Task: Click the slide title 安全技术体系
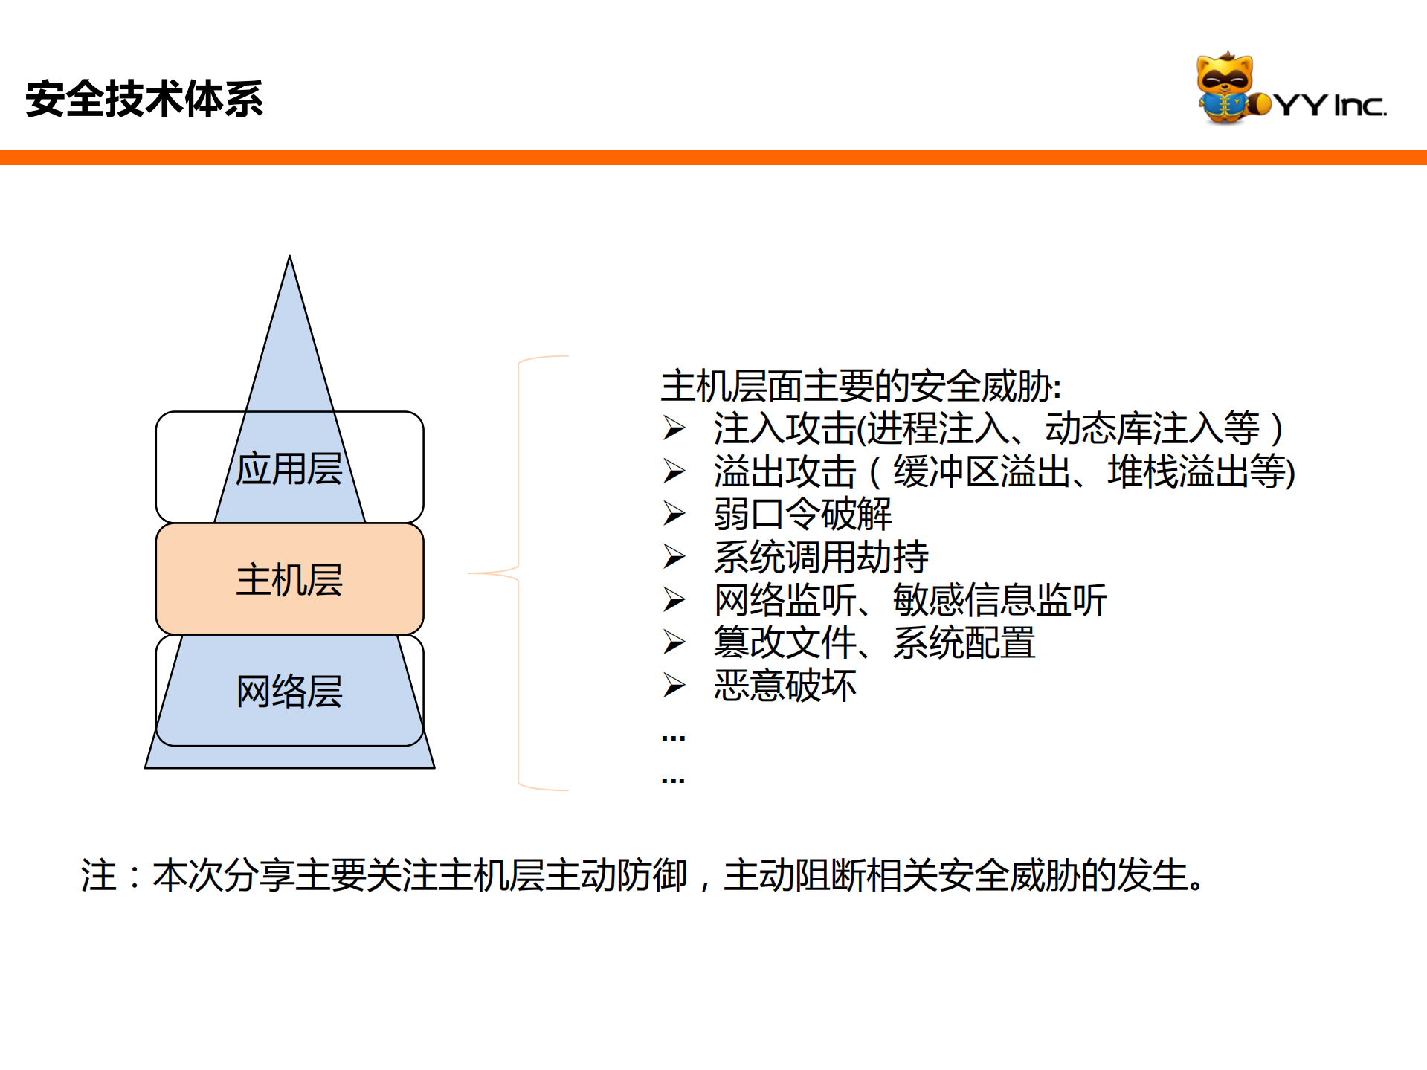144,99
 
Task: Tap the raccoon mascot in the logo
1225,88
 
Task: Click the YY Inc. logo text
1331,105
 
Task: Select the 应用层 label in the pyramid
289,469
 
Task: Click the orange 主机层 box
289,579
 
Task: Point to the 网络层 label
289,692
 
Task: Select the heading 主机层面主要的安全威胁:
860,386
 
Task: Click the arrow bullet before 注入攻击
674,428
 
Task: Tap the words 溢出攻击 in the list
785,471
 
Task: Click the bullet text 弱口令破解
802,514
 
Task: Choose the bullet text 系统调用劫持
821,557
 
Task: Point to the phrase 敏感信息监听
999,600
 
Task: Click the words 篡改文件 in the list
785,642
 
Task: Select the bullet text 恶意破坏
785,686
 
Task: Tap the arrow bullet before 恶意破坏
674,686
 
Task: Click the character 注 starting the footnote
99,875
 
